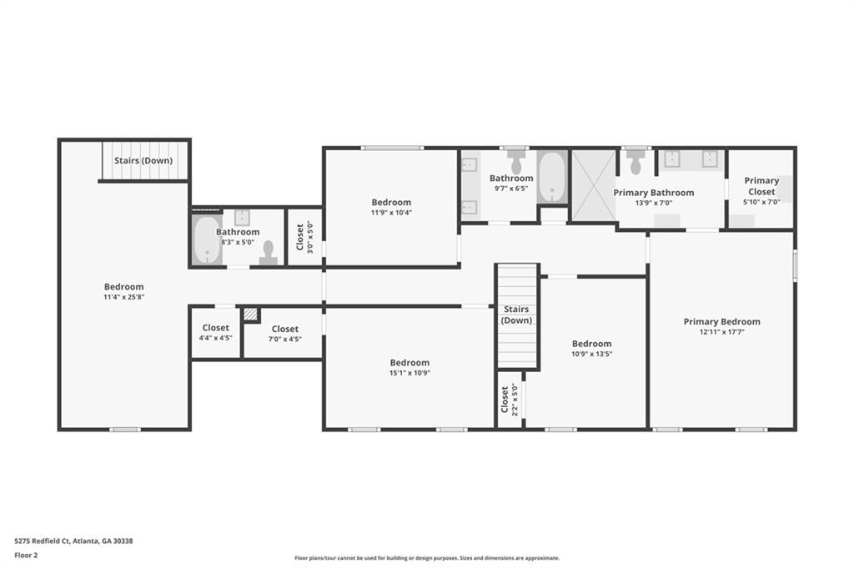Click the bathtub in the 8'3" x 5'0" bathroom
click(x=207, y=240)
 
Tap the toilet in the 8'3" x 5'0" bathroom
click(x=268, y=253)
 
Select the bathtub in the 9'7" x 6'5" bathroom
click(x=552, y=177)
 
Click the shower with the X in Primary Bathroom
click(x=593, y=185)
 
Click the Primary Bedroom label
click(x=721, y=321)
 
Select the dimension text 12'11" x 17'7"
click(x=721, y=332)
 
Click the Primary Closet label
click(x=761, y=185)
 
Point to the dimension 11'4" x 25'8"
click(x=123, y=297)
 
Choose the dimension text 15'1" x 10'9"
click(x=409, y=373)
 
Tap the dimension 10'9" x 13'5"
click(x=591, y=354)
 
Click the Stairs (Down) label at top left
click(x=143, y=161)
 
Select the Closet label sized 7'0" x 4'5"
click(x=284, y=329)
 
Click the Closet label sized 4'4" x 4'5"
click(x=215, y=328)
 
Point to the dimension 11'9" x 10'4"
click(x=391, y=213)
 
